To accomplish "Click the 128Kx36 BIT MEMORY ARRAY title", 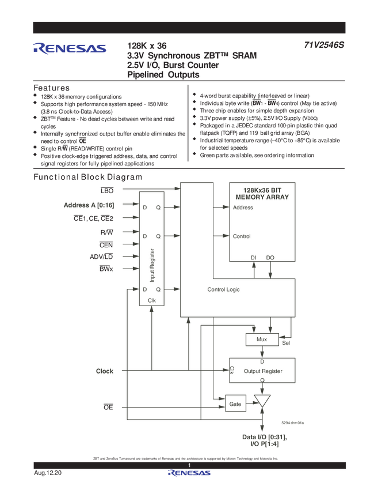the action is (x=262, y=193).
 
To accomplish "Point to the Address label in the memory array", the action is (x=243, y=208).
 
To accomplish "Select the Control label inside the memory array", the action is (x=242, y=236).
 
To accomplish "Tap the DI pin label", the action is (x=253, y=258).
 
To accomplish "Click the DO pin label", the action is (x=270, y=258).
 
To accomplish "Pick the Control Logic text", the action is (x=223, y=289).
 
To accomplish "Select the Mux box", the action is (x=262, y=340).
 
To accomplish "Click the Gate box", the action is (x=235, y=404).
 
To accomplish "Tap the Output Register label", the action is (x=263, y=371).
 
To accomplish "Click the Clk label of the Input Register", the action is (x=152, y=300).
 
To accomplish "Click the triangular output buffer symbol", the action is (x=263, y=401).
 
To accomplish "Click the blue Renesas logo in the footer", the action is (x=189, y=473).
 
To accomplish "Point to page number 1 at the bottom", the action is (x=189, y=466).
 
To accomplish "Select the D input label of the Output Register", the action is (x=262, y=361).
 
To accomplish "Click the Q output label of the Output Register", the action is (x=262, y=380).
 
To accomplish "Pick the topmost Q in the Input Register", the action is (x=158, y=208).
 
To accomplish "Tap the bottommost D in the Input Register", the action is (x=145, y=289).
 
